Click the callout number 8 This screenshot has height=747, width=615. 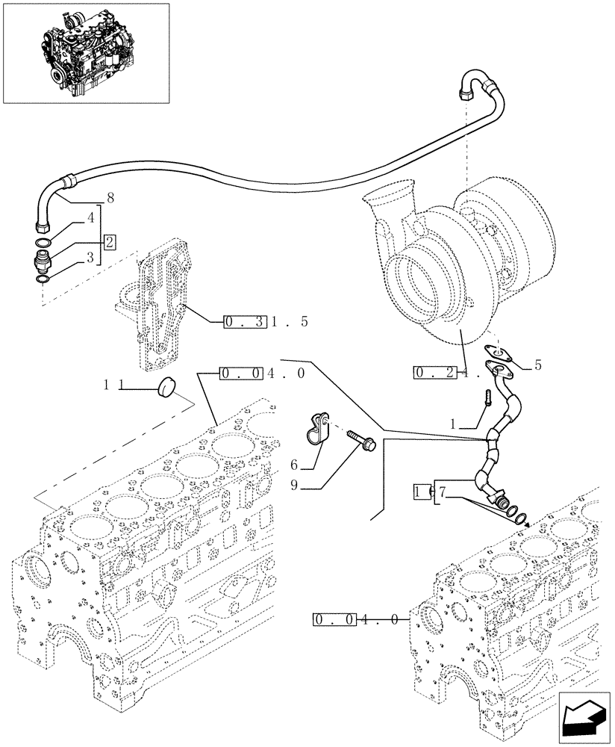pyautogui.click(x=110, y=199)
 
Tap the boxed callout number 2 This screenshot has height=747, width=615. pyautogui.click(x=110, y=241)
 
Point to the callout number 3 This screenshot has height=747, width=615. pyautogui.click(x=90, y=258)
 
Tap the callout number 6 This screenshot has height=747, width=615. pyautogui.click(x=294, y=464)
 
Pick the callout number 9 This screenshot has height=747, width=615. pyautogui.click(x=294, y=485)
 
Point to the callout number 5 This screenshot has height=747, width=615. pyautogui.click(x=537, y=366)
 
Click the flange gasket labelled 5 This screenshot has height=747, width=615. pyautogui.click(x=494, y=352)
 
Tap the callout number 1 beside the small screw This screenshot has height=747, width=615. pyautogui.click(x=452, y=423)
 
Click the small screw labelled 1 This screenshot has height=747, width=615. pyautogui.click(x=486, y=396)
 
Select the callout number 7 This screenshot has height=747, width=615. pyautogui.click(x=442, y=492)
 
